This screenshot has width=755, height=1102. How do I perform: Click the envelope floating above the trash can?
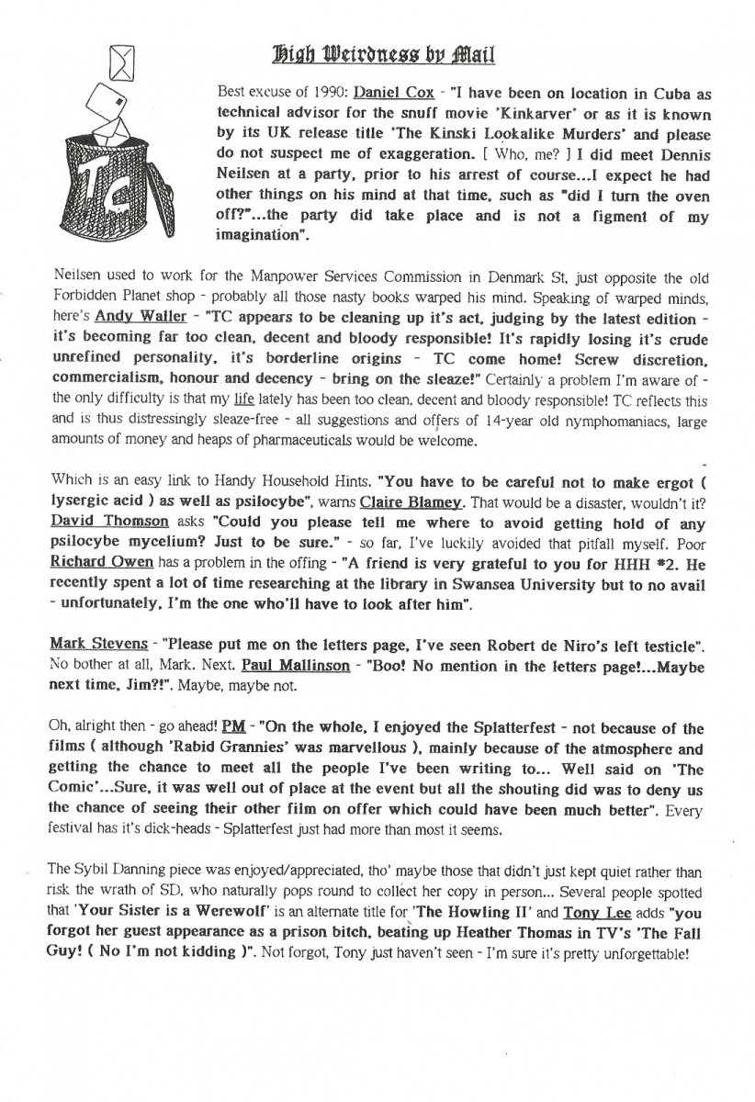tap(121, 62)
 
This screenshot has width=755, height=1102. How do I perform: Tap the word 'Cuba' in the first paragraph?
tap(664, 94)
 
